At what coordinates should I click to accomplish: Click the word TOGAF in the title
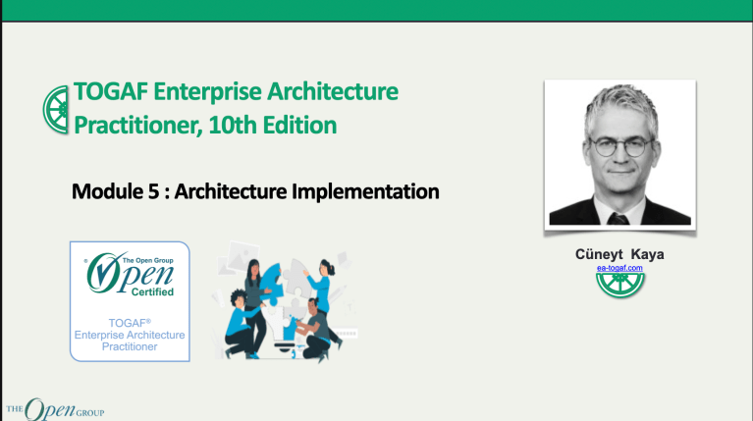107,93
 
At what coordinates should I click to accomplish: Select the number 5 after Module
149,190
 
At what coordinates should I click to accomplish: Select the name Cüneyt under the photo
600,253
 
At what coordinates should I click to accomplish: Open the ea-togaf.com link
619,267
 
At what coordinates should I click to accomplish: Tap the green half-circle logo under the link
619,285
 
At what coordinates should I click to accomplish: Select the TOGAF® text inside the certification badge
129,322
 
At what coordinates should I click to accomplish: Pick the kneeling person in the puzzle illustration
310,328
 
